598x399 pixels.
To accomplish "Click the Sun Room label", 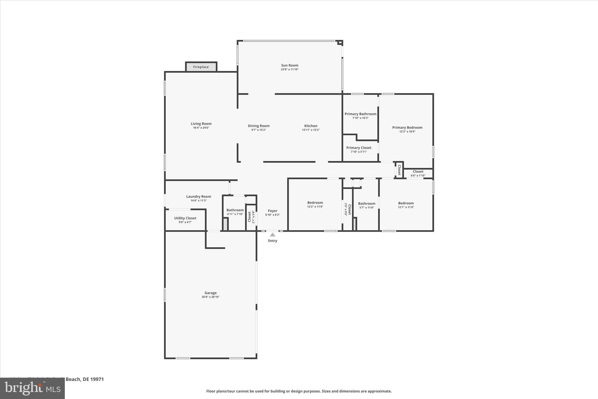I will [290, 65].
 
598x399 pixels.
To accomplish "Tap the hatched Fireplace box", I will [201, 67].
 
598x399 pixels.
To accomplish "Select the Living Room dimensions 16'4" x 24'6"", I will [201, 128].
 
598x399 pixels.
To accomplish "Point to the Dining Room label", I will [259, 126].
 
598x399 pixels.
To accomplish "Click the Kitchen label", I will [311, 126].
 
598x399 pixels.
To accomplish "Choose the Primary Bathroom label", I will [360, 114].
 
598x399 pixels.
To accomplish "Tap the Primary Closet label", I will [359, 148].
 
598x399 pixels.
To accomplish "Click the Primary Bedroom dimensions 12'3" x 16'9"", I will [407, 132].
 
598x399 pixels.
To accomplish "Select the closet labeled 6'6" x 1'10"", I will [418, 173].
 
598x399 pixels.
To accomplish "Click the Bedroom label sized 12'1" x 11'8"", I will [406, 203].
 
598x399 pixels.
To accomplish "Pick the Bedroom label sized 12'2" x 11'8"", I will [315, 203].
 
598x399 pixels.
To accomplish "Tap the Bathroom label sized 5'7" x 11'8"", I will [366, 204].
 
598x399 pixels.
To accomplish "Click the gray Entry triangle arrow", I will [272, 235].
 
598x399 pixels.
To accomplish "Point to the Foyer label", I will [272, 211].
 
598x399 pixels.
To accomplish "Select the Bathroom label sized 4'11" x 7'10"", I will [235, 210].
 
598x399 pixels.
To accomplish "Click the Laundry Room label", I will [199, 197].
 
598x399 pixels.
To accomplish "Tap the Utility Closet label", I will [185, 218].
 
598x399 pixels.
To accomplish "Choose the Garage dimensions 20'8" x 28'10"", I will [210, 297].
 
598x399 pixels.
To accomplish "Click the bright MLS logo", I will [32, 388].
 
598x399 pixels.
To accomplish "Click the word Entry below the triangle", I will [272, 241].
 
